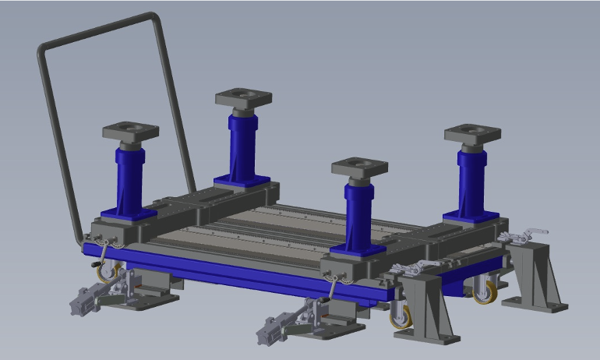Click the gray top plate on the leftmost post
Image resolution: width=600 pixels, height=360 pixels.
click(130, 130)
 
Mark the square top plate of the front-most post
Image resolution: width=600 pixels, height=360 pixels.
click(359, 168)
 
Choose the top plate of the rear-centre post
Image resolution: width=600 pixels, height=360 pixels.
click(243, 97)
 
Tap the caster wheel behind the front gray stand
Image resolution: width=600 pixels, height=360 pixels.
click(401, 316)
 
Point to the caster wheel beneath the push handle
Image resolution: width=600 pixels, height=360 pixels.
click(105, 273)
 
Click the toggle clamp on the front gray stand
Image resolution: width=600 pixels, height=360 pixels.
click(413, 268)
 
